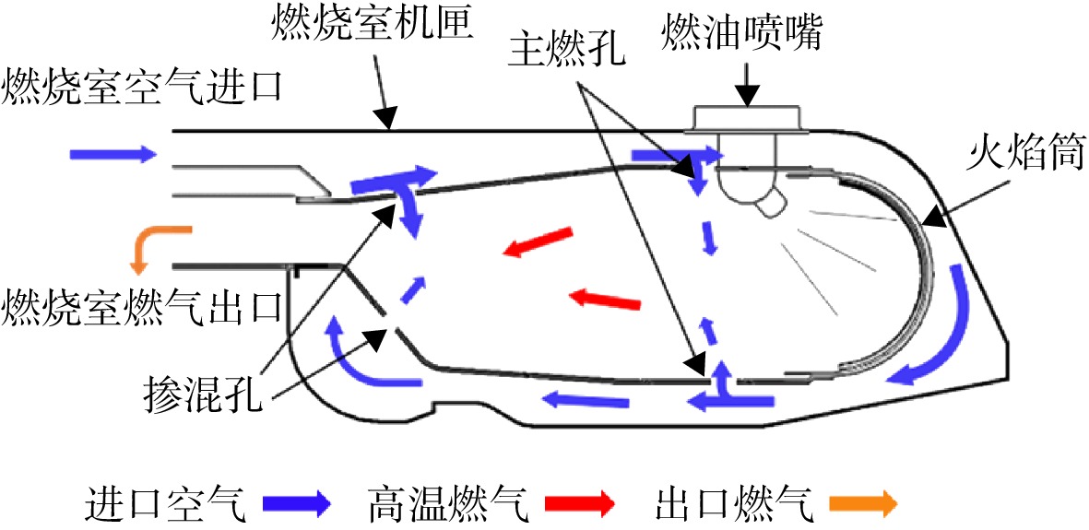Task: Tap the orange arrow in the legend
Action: click(x=862, y=502)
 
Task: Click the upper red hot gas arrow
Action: click(x=538, y=241)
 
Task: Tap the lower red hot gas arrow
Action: click(x=604, y=299)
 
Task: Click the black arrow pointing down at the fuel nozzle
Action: click(x=747, y=86)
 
